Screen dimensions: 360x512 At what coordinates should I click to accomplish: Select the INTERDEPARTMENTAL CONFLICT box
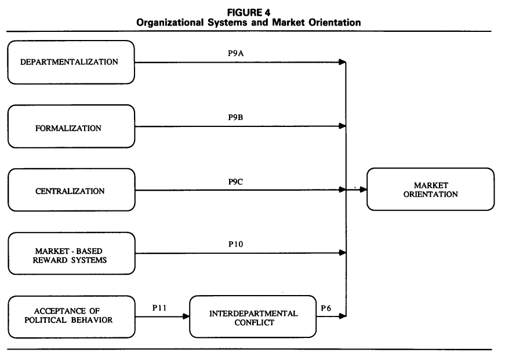click(253, 318)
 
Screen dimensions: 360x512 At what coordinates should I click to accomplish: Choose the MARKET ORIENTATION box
click(430, 190)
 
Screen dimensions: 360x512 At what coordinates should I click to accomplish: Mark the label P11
click(161, 308)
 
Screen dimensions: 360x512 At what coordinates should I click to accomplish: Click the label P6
click(327, 308)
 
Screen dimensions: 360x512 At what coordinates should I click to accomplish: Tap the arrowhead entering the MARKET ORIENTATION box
click(364, 190)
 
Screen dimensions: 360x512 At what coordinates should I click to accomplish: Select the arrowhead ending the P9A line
click(343, 62)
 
